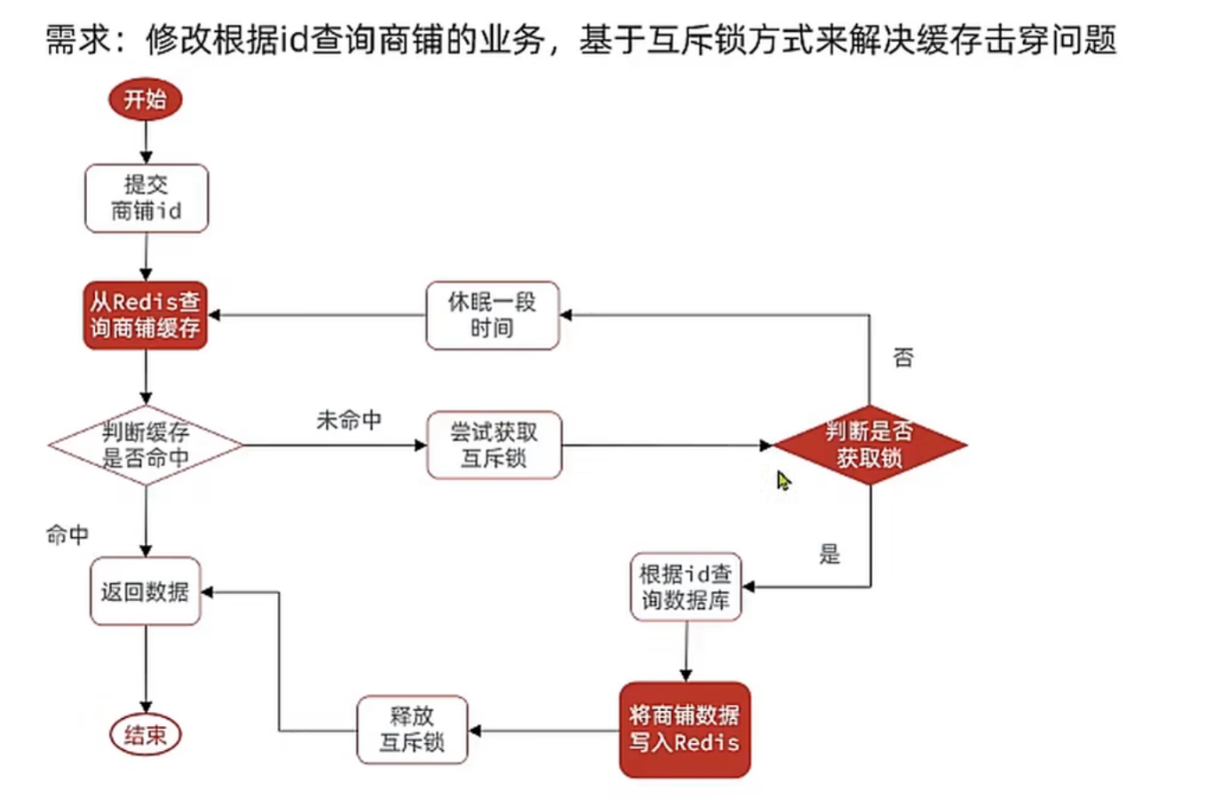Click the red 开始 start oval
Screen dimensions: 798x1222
[x=145, y=99]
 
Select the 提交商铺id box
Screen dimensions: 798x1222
[x=147, y=198]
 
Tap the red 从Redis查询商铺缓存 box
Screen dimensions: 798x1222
[x=146, y=315]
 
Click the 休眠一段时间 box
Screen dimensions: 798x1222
[x=492, y=315]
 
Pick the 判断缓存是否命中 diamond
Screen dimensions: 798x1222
[x=146, y=445]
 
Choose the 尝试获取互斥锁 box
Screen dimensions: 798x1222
[x=494, y=445]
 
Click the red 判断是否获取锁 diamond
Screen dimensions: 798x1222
[x=869, y=445]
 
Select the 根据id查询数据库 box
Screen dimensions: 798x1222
[x=686, y=587]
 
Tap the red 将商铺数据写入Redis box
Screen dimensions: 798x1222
[x=685, y=730]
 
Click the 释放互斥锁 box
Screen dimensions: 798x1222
[x=412, y=730]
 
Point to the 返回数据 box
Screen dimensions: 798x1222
[x=146, y=591]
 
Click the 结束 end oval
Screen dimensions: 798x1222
[x=145, y=735]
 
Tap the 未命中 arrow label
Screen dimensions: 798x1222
[x=349, y=420]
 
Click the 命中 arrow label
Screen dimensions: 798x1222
[x=67, y=534]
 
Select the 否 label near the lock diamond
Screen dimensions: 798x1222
[x=903, y=357]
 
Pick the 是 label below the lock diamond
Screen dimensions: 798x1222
[x=829, y=555]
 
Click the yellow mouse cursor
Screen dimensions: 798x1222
[x=782, y=480]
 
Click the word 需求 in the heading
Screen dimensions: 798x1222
[x=78, y=40]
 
